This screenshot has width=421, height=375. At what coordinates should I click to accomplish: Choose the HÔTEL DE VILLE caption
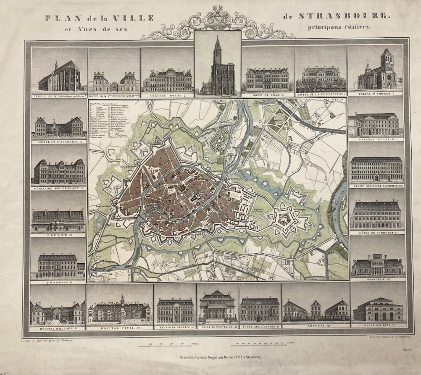point(267,95)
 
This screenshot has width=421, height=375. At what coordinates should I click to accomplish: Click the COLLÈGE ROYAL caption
point(376,139)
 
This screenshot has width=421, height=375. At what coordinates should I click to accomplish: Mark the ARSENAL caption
point(316,325)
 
